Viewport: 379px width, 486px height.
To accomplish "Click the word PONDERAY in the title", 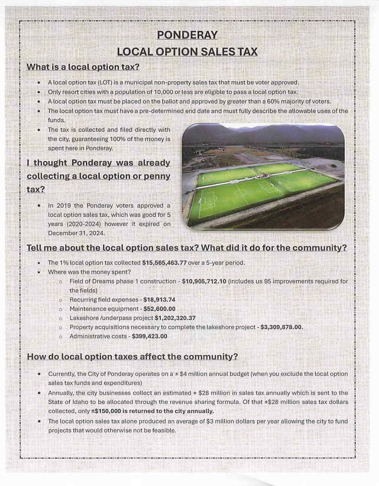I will click(x=187, y=35).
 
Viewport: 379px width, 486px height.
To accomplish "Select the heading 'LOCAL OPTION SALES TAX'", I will click(x=187, y=52).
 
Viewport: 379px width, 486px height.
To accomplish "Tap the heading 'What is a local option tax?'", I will click(x=83, y=67).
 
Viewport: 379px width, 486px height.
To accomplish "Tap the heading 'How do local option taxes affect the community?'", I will click(x=133, y=357).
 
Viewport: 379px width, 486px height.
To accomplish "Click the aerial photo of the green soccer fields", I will click(x=263, y=176).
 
